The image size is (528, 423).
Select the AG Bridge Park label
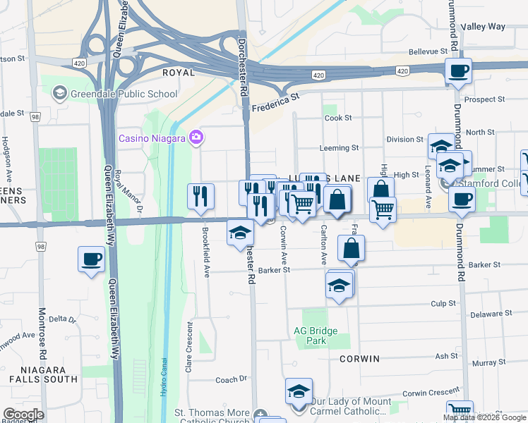316,336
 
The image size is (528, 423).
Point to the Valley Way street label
483,27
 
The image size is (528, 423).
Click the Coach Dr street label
232,379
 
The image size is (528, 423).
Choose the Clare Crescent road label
189,347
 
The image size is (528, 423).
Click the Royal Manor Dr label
128,192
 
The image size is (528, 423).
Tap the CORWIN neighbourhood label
359,358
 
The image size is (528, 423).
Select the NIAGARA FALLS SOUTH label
42,374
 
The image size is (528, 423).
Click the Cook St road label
338,118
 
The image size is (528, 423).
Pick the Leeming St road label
339,148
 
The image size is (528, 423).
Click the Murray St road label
486,362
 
